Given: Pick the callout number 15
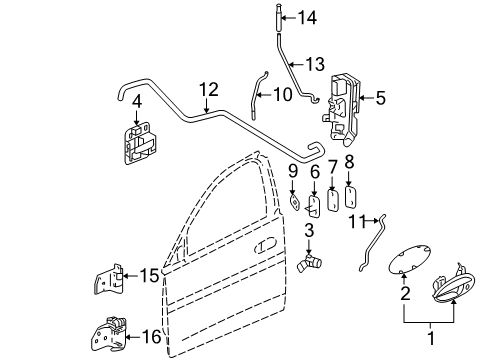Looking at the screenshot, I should pyautogui.click(x=149, y=274).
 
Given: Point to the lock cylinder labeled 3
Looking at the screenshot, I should pyautogui.click(x=285, y=263).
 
